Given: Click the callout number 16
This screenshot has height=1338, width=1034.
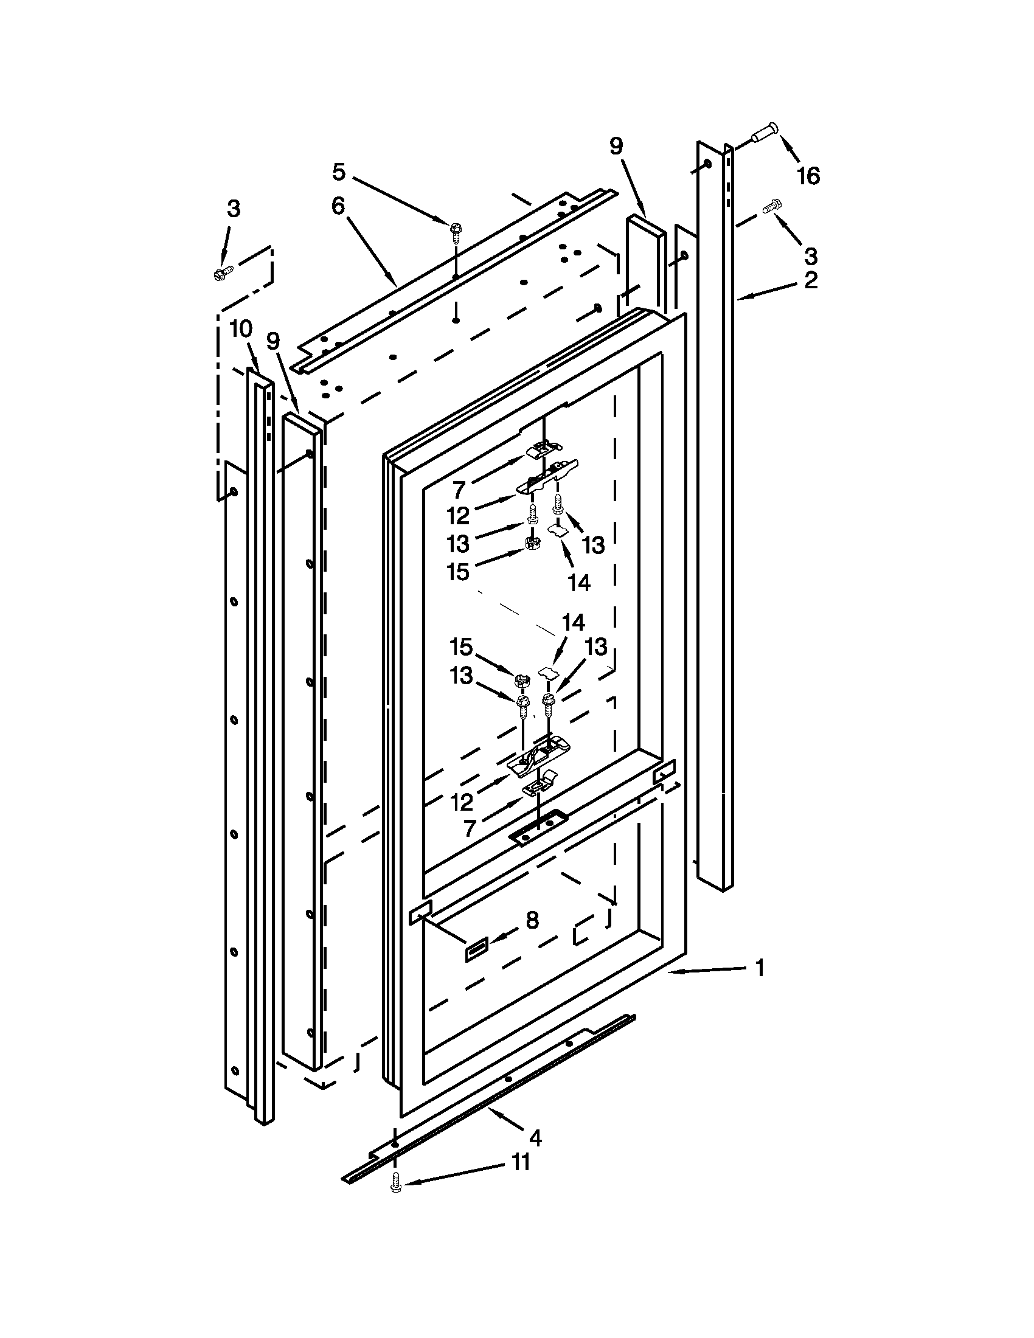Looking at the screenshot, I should (x=808, y=176).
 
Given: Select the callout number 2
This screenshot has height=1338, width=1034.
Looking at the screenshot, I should (x=810, y=280).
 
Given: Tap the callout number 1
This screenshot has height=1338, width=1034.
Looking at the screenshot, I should (x=760, y=969).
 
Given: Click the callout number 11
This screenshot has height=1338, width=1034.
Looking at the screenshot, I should (x=520, y=1162).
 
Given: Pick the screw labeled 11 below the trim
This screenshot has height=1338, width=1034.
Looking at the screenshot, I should (x=395, y=1186).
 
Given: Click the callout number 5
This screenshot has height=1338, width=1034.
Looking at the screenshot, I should (x=339, y=172).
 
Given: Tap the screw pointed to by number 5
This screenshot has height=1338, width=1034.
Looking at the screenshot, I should (x=454, y=229).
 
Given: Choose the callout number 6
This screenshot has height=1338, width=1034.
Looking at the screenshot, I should (x=338, y=206).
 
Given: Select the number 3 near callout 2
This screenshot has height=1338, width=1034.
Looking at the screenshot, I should (x=810, y=254).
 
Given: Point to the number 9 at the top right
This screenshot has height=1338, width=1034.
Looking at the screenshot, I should (x=616, y=147).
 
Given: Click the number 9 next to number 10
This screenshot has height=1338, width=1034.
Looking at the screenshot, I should (x=273, y=341).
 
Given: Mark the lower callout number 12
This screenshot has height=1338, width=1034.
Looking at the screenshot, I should (x=462, y=802).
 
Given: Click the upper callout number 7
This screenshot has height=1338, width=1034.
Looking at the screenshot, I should (x=459, y=490).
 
